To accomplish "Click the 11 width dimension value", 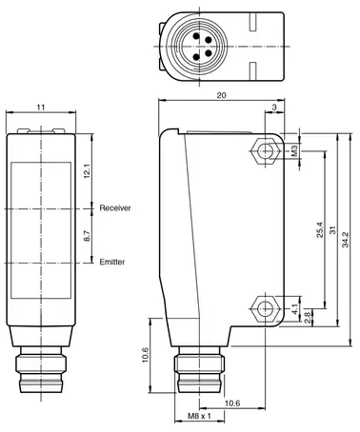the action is click(41, 108).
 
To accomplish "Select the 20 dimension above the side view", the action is click(221, 95).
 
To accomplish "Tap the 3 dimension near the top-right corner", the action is click(274, 108).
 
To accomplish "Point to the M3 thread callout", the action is click(295, 150).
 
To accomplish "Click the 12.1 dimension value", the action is click(87, 171).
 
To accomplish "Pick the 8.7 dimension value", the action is click(87, 236).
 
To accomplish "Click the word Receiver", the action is click(115, 208).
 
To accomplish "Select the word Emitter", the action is click(112, 262).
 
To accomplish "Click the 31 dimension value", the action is click(332, 230).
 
